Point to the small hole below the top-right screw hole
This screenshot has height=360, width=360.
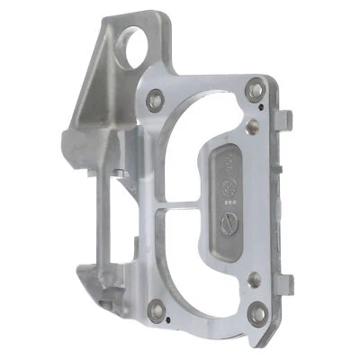click(258, 112)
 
